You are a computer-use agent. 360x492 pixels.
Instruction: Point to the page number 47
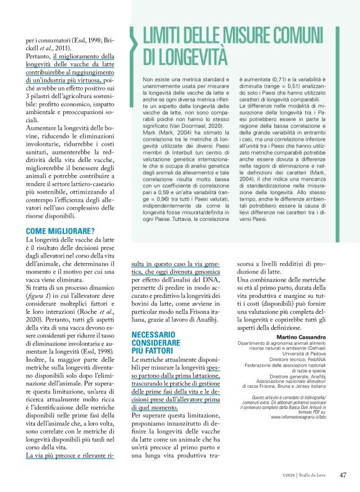[343, 475]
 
